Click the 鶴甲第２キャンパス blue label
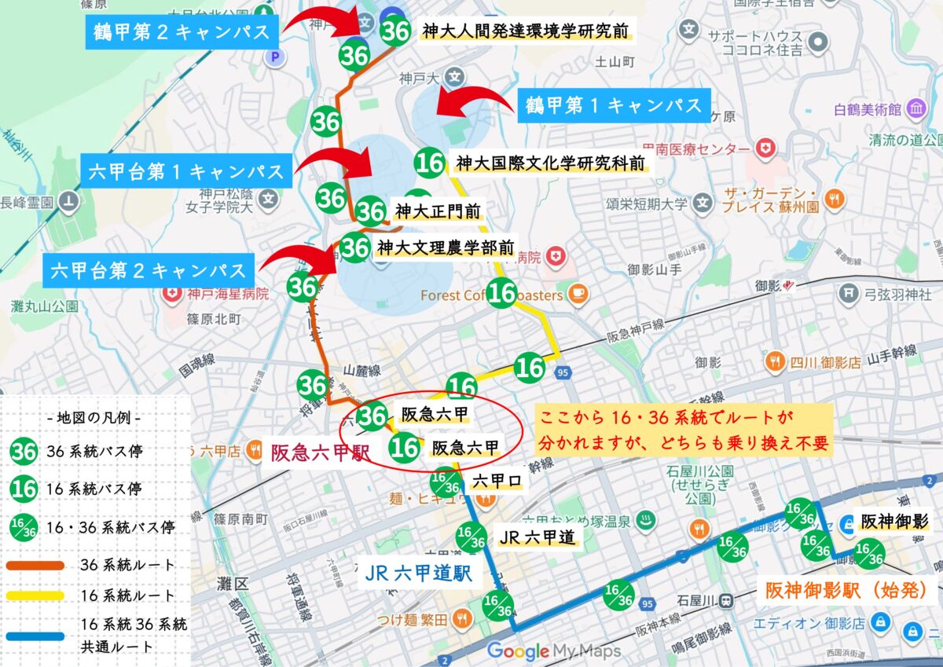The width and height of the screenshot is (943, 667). [182, 32]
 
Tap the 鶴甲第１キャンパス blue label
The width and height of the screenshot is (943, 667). [614, 105]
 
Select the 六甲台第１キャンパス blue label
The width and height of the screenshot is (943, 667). [186, 171]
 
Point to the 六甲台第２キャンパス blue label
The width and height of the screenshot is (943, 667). [149, 270]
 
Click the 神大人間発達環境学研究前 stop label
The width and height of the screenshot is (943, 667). [525, 31]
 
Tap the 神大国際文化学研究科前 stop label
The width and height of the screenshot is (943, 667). [551, 163]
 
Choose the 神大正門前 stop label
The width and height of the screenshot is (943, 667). [437, 211]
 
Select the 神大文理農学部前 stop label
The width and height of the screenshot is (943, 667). [446, 247]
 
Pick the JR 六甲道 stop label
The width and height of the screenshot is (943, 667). [537, 537]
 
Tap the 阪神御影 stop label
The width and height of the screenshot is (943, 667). [894, 522]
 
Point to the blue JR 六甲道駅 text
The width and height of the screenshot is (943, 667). [419, 574]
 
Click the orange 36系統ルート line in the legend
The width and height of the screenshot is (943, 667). [37, 565]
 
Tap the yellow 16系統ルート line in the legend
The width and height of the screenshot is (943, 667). [37, 596]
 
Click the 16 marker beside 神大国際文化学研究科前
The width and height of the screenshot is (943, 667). [430, 163]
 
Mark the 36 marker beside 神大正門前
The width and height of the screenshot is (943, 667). [371, 211]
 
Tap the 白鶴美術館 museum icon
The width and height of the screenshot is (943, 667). [915, 111]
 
